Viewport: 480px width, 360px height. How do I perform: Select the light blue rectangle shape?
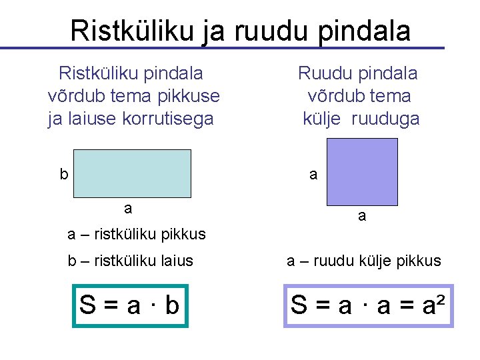[x=132, y=173]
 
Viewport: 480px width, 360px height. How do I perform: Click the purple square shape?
[x=362, y=171]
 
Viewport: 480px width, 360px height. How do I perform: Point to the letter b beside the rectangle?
[x=64, y=175]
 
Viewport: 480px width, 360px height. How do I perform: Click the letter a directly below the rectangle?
[x=128, y=208]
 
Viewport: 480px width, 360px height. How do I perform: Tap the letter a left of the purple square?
[x=313, y=175]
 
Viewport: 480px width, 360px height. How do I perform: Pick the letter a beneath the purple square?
[x=361, y=216]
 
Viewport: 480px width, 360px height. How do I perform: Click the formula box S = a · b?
[x=131, y=306]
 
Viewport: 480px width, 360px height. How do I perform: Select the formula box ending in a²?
[x=369, y=306]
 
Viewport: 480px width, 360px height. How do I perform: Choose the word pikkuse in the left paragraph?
[x=190, y=96]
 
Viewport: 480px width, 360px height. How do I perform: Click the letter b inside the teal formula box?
[x=172, y=306]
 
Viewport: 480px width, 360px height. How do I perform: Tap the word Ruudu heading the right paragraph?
[x=324, y=72]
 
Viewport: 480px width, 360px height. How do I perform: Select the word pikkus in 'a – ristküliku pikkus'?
[x=185, y=234]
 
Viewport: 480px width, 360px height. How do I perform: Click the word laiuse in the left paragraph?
[x=82, y=119]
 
